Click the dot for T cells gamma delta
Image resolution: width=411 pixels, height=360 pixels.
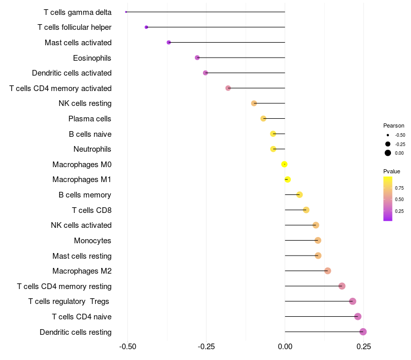click(x=126, y=12)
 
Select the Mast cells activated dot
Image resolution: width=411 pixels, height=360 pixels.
click(x=169, y=42)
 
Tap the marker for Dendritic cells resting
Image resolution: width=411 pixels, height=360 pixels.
click(x=363, y=332)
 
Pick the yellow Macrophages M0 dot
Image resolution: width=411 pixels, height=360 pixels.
click(x=284, y=164)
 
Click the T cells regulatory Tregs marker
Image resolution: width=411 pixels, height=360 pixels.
click(x=352, y=301)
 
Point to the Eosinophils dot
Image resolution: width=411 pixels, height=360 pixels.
click(x=197, y=58)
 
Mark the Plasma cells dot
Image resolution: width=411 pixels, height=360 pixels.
click(x=264, y=118)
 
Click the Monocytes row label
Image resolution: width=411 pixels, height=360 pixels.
click(x=92, y=241)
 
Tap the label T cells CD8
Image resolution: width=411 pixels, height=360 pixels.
click(x=91, y=210)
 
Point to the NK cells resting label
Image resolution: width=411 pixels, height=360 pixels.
click(x=85, y=103)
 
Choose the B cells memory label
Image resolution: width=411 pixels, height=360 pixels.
click(x=85, y=195)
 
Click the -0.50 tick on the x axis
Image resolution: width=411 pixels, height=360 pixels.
click(x=127, y=347)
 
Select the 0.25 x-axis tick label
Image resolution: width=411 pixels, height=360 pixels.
click(x=364, y=347)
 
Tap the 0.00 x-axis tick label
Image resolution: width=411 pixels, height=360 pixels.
click(x=285, y=347)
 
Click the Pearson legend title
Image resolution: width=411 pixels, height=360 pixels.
click(x=394, y=125)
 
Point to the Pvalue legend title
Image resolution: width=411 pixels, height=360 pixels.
click(x=391, y=171)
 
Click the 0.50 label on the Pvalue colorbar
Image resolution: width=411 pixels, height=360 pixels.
click(x=399, y=199)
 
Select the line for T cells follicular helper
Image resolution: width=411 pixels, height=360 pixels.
click(x=216, y=27)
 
